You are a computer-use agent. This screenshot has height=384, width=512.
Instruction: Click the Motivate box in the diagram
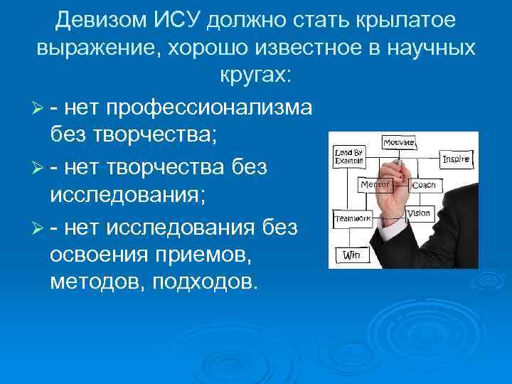pyautogui.click(x=399, y=142)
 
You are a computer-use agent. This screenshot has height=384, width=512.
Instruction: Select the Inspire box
pyautogui.click(x=455, y=159)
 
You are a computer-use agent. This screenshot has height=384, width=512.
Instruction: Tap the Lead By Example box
pyautogui.click(x=348, y=156)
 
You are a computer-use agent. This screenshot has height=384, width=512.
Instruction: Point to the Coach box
pyautogui.click(x=424, y=185)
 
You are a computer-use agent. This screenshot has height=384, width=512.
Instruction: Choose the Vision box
pyautogui.click(x=419, y=213)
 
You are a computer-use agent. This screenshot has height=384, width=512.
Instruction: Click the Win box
pyautogui.click(x=351, y=254)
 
